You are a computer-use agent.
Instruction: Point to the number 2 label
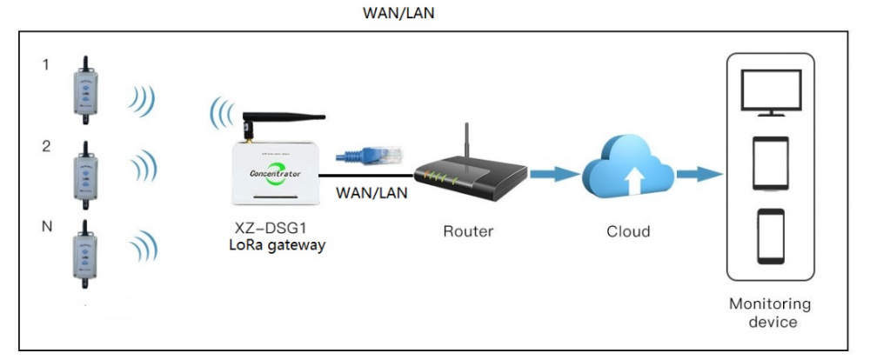[46, 146]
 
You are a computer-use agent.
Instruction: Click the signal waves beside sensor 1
[141, 99]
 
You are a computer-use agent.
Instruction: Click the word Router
[468, 231]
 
